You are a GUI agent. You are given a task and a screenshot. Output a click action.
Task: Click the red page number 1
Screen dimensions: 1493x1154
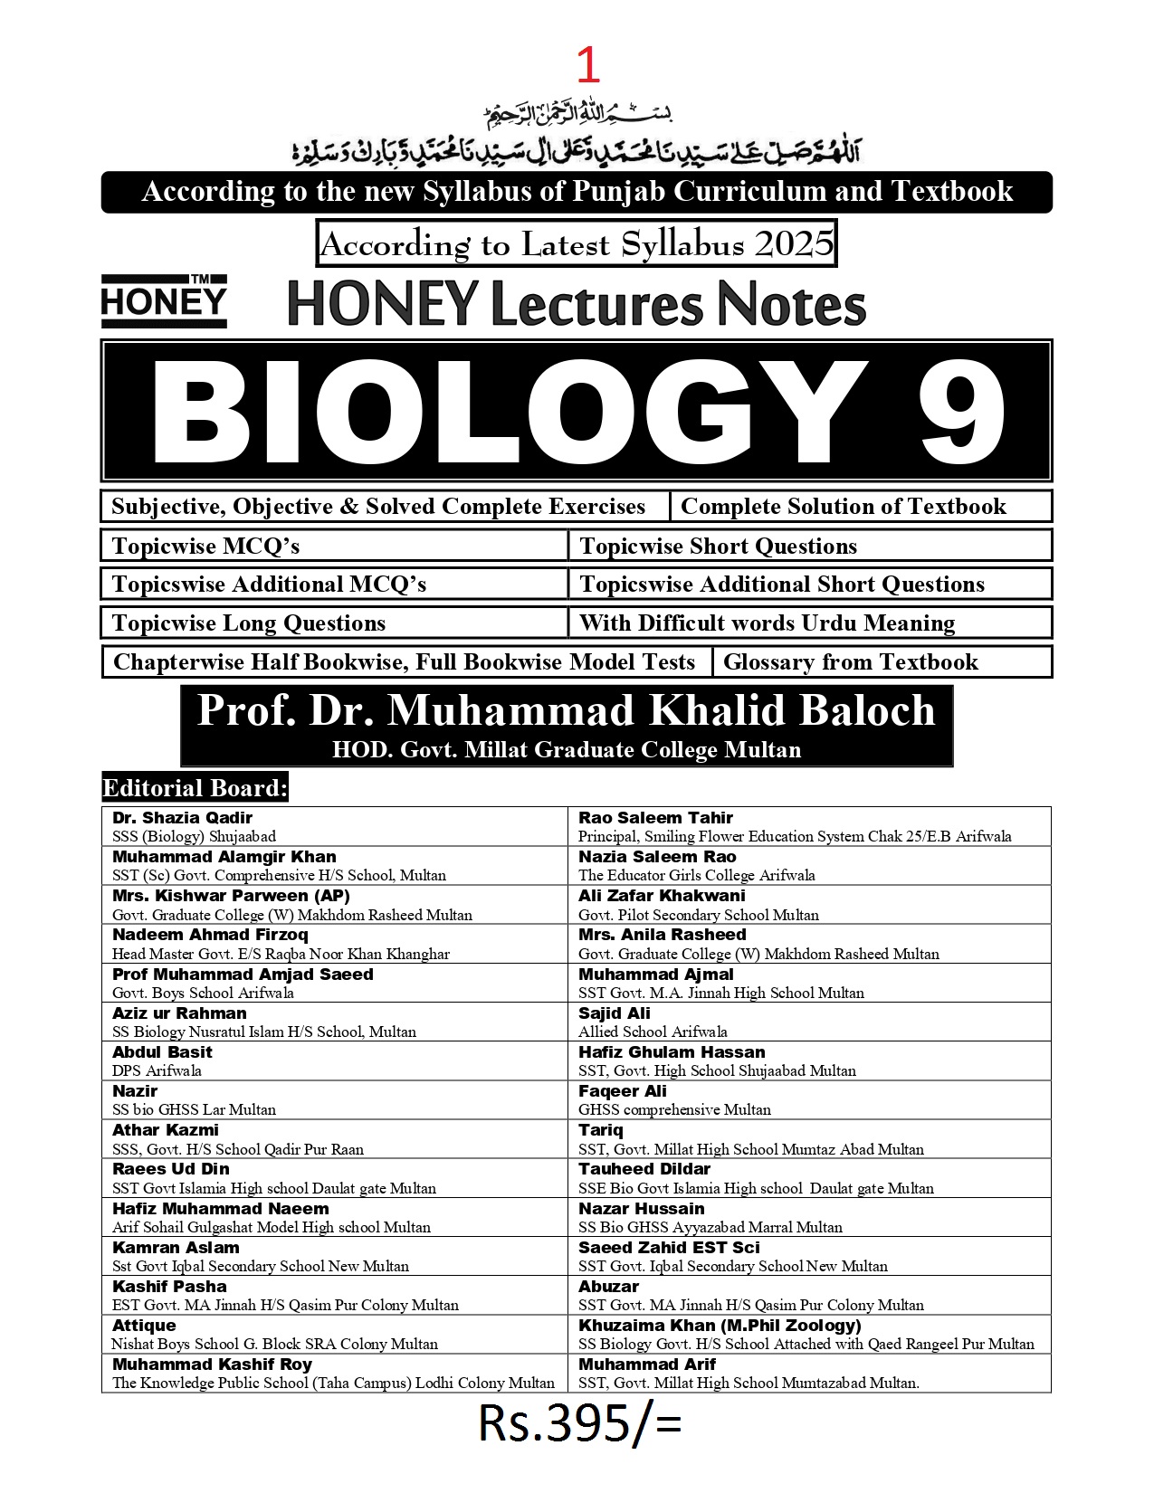[587, 65]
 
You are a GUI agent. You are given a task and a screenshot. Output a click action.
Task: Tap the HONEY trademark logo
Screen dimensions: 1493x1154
[164, 301]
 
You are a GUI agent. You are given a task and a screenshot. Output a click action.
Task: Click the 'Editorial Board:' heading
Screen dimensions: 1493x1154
[195, 787]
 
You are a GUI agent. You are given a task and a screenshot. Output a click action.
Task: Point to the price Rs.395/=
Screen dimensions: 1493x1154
[579, 1423]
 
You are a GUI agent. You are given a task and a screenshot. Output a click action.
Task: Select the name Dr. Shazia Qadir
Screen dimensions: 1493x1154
[182, 818]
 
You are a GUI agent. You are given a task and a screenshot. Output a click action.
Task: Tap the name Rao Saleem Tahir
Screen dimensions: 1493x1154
[655, 818]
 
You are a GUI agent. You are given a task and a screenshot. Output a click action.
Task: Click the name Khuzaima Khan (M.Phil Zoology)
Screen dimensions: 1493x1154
[720, 1325]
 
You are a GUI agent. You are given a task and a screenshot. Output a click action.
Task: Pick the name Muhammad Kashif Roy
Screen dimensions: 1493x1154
[212, 1364]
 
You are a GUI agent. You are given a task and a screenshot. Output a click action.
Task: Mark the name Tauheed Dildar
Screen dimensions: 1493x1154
[644, 1169]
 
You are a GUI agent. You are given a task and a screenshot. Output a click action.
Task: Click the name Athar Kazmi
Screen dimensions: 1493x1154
[166, 1130]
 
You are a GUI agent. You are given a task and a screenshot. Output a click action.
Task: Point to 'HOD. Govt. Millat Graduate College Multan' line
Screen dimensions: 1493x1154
[566, 749]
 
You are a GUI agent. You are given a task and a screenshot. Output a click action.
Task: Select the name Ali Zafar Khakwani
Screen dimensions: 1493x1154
[662, 896]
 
